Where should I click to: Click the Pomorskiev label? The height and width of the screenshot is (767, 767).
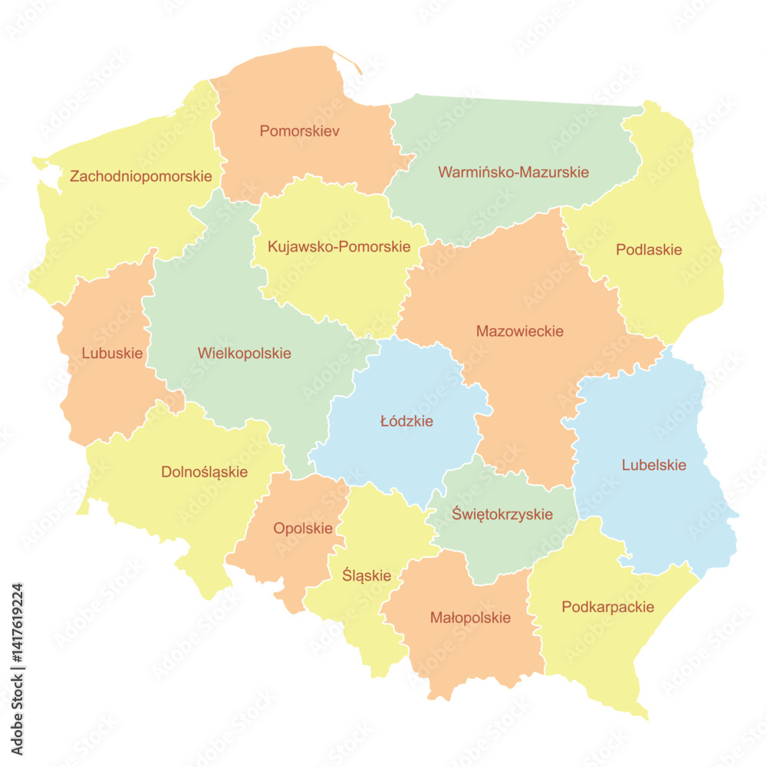(299, 131)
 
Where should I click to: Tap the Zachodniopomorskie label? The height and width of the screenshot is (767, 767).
(140, 176)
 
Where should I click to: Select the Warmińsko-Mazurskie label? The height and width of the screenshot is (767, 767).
(513, 172)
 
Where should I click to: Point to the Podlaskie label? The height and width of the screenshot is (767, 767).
(649, 250)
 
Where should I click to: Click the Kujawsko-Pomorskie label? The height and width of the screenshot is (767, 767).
(338, 247)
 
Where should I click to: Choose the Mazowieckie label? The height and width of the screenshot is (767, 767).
(519, 331)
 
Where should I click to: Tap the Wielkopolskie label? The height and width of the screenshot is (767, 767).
(244, 354)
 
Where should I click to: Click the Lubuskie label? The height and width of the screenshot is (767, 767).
(112, 354)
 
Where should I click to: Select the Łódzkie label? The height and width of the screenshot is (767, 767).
(407, 421)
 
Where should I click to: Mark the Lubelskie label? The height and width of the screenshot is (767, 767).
(653, 465)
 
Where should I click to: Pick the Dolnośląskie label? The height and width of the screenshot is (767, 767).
(204, 472)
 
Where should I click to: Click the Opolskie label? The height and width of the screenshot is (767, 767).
(303, 528)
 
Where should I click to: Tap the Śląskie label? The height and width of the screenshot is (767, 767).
(367, 575)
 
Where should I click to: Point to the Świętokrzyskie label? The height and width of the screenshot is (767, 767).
(502, 514)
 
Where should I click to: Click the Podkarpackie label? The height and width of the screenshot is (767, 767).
(607, 607)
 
